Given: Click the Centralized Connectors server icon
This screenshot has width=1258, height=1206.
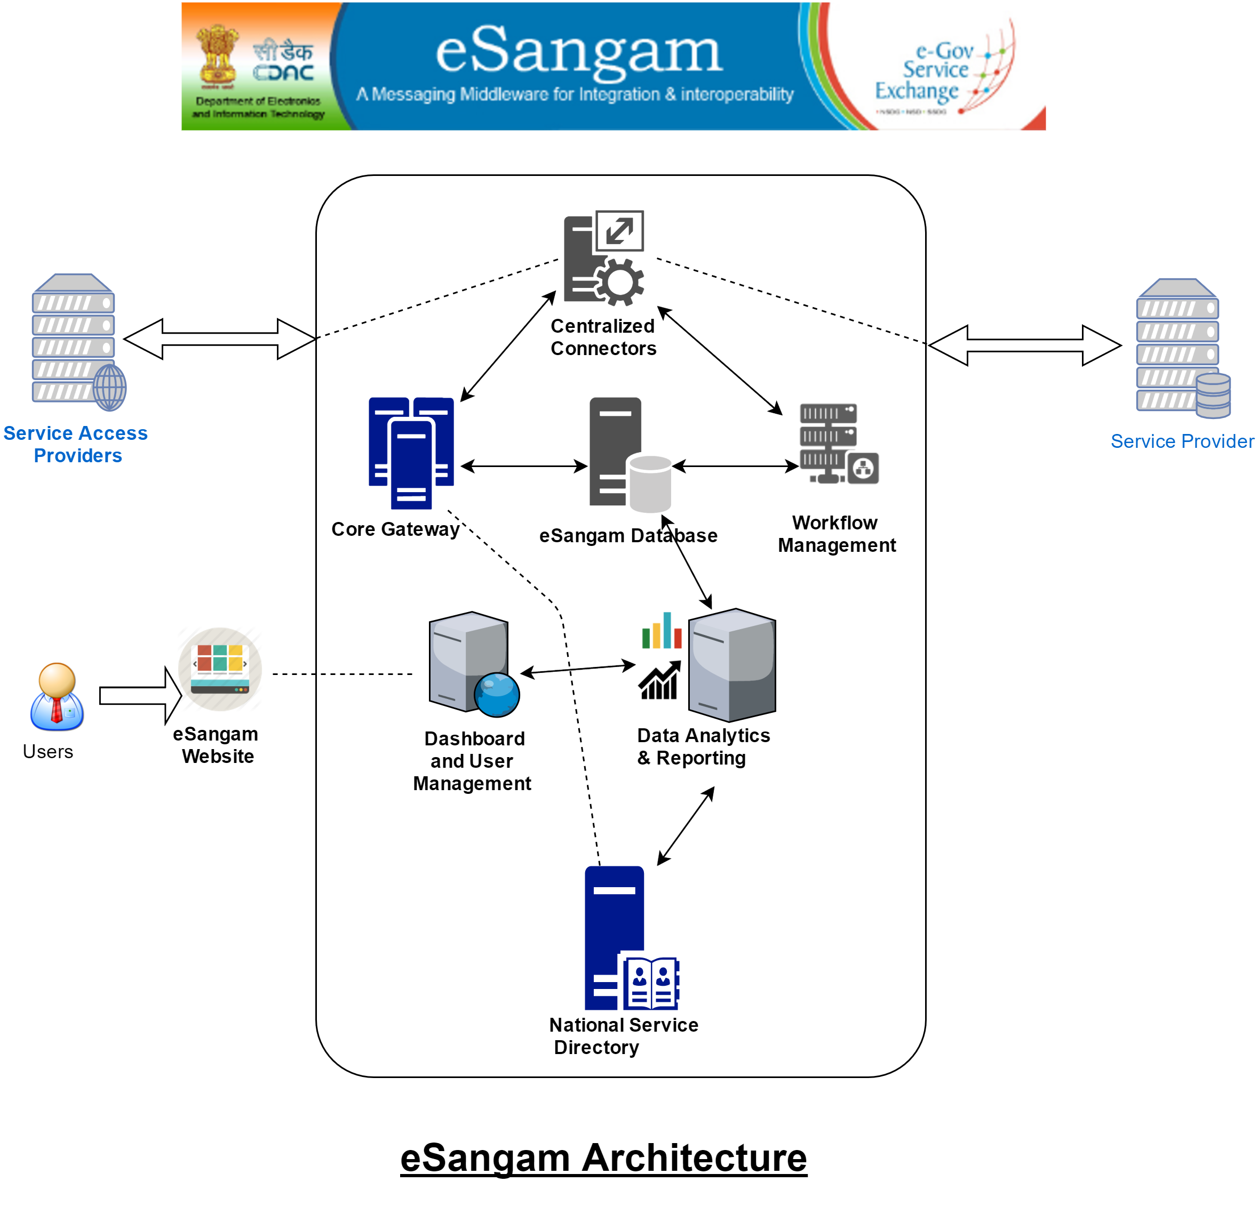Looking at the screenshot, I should click(x=603, y=258).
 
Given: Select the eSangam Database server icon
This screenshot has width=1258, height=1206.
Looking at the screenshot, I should click(x=629, y=454).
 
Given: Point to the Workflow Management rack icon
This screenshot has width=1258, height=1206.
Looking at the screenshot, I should click(x=838, y=443).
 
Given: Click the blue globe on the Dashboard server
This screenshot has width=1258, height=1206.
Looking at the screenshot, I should click(x=497, y=695).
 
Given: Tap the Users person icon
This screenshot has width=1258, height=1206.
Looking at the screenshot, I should click(x=57, y=697).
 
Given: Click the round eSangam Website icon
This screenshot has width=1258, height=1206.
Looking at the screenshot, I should click(x=219, y=669).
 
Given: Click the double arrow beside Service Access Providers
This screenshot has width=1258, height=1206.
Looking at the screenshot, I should click(x=219, y=339).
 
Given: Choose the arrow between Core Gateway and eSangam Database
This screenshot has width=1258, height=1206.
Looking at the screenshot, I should click(x=524, y=467).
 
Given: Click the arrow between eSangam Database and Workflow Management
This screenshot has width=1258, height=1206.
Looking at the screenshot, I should click(x=736, y=467).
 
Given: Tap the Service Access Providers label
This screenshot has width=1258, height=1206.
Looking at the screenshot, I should click(x=76, y=444).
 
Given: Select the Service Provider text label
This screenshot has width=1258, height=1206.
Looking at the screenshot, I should click(x=1182, y=441).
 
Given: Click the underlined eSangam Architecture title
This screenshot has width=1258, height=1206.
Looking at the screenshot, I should click(x=603, y=1158).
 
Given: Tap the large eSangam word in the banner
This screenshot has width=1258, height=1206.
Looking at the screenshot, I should click(x=579, y=51).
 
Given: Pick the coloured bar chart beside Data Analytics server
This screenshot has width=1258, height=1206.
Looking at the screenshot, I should click(x=662, y=631).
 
